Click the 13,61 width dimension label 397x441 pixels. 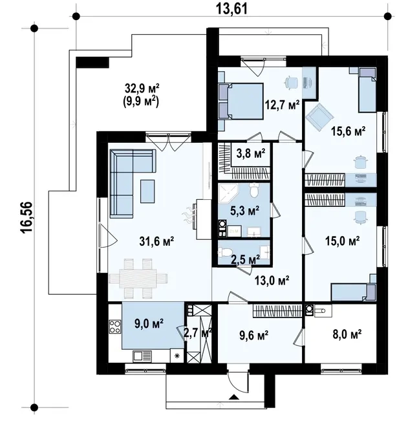(232, 8)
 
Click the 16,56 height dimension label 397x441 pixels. (27, 217)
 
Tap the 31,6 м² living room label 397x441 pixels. (156, 241)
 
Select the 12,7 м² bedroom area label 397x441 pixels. (283, 105)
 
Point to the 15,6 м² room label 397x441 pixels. (348, 131)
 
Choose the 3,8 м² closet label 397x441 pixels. (251, 153)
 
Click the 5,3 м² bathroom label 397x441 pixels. (244, 210)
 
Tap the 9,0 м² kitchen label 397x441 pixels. (149, 324)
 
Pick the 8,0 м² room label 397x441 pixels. (347, 334)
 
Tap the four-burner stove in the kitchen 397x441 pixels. (115, 327)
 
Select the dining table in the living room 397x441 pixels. (138, 279)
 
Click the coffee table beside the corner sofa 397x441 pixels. (147, 191)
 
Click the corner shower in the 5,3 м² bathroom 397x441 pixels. (228, 193)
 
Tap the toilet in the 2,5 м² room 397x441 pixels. (224, 252)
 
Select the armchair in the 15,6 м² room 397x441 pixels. (320, 116)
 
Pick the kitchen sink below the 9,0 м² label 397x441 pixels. (142, 356)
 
